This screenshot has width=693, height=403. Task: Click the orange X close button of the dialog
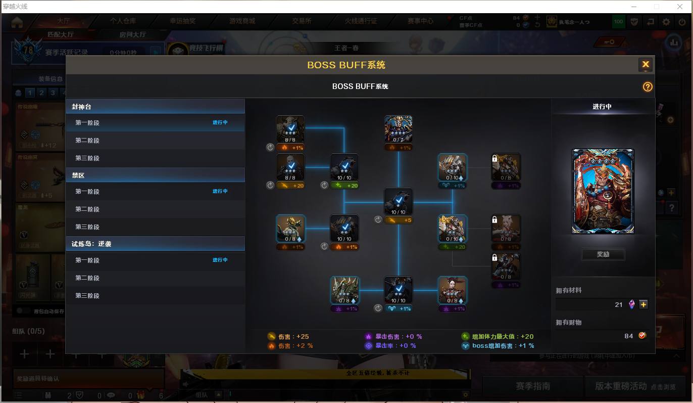(645, 65)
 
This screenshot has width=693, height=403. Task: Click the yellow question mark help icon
(648, 87)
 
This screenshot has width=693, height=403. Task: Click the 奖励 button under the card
(603, 254)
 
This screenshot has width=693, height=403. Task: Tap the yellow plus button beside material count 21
(643, 304)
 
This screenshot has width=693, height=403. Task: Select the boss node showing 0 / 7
(398, 129)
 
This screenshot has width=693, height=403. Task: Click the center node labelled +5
(398, 202)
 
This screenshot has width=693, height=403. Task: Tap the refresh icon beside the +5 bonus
(378, 219)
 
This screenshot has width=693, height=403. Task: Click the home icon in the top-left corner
(17, 22)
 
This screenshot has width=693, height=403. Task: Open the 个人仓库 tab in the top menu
(123, 21)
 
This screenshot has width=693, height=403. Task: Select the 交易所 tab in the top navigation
(302, 21)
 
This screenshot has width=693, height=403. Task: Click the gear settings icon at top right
(666, 22)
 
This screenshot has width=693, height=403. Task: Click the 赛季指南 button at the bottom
(532, 386)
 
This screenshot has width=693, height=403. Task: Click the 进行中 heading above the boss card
(602, 107)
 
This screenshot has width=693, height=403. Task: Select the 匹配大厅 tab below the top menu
(61, 34)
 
